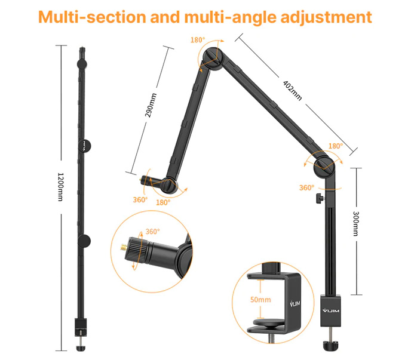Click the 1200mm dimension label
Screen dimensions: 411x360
click(60, 187)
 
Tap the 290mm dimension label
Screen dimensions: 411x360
click(151, 105)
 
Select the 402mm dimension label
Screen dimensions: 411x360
click(292, 90)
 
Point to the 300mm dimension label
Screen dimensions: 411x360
click(355, 223)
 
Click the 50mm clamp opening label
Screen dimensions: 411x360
click(260, 300)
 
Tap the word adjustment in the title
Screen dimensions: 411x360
click(326, 17)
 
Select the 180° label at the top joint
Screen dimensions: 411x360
click(198, 40)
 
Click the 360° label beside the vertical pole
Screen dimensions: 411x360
click(306, 187)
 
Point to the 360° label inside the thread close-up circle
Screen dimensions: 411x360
click(152, 232)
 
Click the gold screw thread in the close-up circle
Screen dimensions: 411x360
click(124, 247)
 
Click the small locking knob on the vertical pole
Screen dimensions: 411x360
click(320, 199)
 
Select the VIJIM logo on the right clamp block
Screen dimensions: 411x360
click(331, 310)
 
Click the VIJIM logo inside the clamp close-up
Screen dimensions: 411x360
click(295, 303)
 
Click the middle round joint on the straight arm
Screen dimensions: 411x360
click(84, 146)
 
